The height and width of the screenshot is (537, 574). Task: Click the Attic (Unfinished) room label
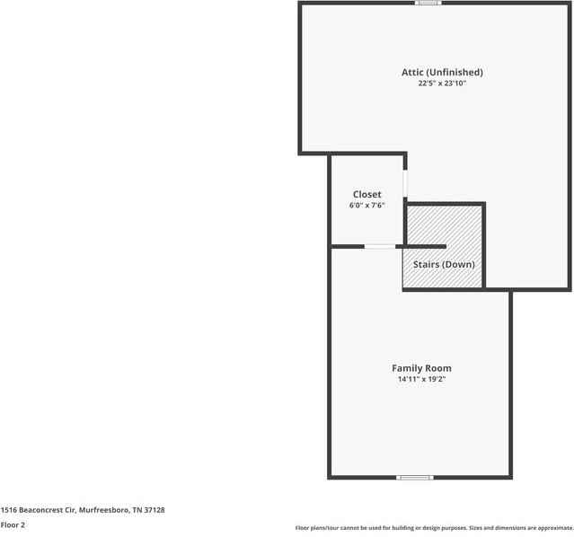pyautogui.click(x=442, y=72)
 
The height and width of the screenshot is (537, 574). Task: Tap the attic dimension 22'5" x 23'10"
pyautogui.click(x=442, y=84)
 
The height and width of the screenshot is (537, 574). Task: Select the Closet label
pyautogui.click(x=366, y=194)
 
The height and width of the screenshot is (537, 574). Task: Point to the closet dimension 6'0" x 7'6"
pyautogui.click(x=366, y=206)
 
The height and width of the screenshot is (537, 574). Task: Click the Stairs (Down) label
pyautogui.click(x=444, y=264)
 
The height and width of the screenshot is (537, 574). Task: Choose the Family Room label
pyautogui.click(x=421, y=368)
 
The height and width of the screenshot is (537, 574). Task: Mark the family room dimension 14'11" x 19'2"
pyautogui.click(x=421, y=380)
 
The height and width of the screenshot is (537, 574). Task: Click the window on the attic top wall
pyautogui.click(x=428, y=3)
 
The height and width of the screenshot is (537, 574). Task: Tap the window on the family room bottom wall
pyautogui.click(x=415, y=477)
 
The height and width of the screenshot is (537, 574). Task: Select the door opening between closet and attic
pyautogui.click(x=405, y=183)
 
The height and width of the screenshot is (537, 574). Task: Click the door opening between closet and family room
pyautogui.click(x=379, y=246)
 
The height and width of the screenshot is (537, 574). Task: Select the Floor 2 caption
pyautogui.click(x=13, y=524)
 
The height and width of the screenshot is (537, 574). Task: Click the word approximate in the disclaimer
pyautogui.click(x=550, y=528)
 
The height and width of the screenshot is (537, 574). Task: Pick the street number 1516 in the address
pyautogui.click(x=8, y=509)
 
